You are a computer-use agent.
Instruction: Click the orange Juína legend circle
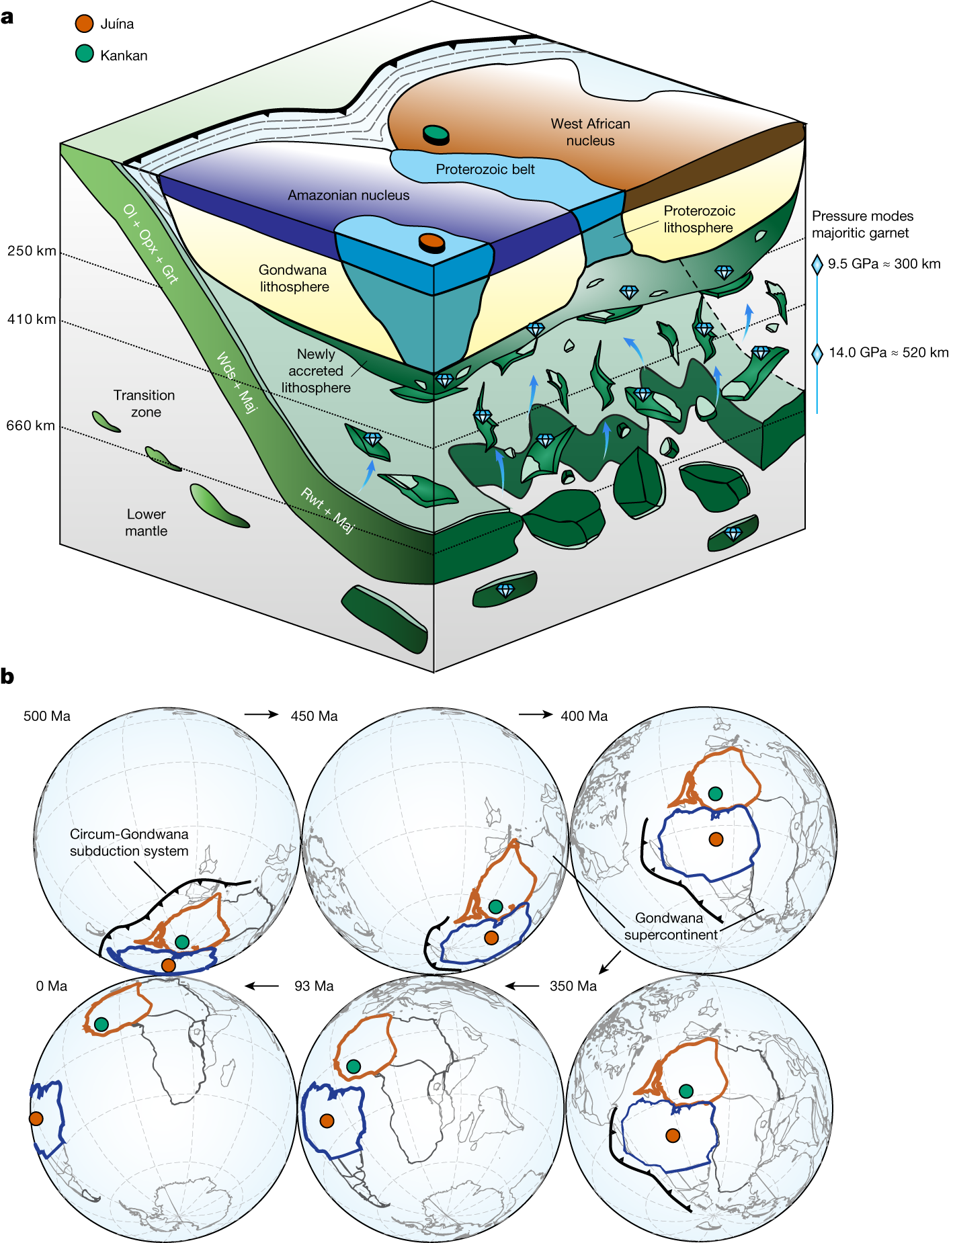coord(84,24)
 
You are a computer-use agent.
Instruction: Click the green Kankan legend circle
coord(84,54)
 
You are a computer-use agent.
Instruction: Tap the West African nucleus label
coord(590,132)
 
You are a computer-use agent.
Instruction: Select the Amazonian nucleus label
coord(348,195)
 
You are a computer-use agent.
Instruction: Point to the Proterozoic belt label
coord(485,169)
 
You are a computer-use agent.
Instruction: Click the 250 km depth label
coord(32,251)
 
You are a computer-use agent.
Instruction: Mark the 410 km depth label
coord(32,319)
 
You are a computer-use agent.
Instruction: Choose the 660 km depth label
coord(31,425)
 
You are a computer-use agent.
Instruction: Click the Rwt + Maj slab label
coord(327,511)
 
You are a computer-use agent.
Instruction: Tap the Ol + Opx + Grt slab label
coord(151,243)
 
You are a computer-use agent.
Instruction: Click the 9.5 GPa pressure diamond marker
coord(817,264)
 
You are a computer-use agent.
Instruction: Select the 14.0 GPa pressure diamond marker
coord(817,353)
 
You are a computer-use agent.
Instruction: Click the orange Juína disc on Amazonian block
coord(431,241)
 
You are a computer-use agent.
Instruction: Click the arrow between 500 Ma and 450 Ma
coord(261,714)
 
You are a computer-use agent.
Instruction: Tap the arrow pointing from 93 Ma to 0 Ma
coord(262,986)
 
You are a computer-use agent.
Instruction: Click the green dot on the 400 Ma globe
coord(715,794)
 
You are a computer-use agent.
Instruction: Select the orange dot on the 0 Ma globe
coord(36,1119)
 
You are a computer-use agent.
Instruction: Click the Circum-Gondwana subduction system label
coord(129,843)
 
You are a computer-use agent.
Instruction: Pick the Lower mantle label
coord(146,522)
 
